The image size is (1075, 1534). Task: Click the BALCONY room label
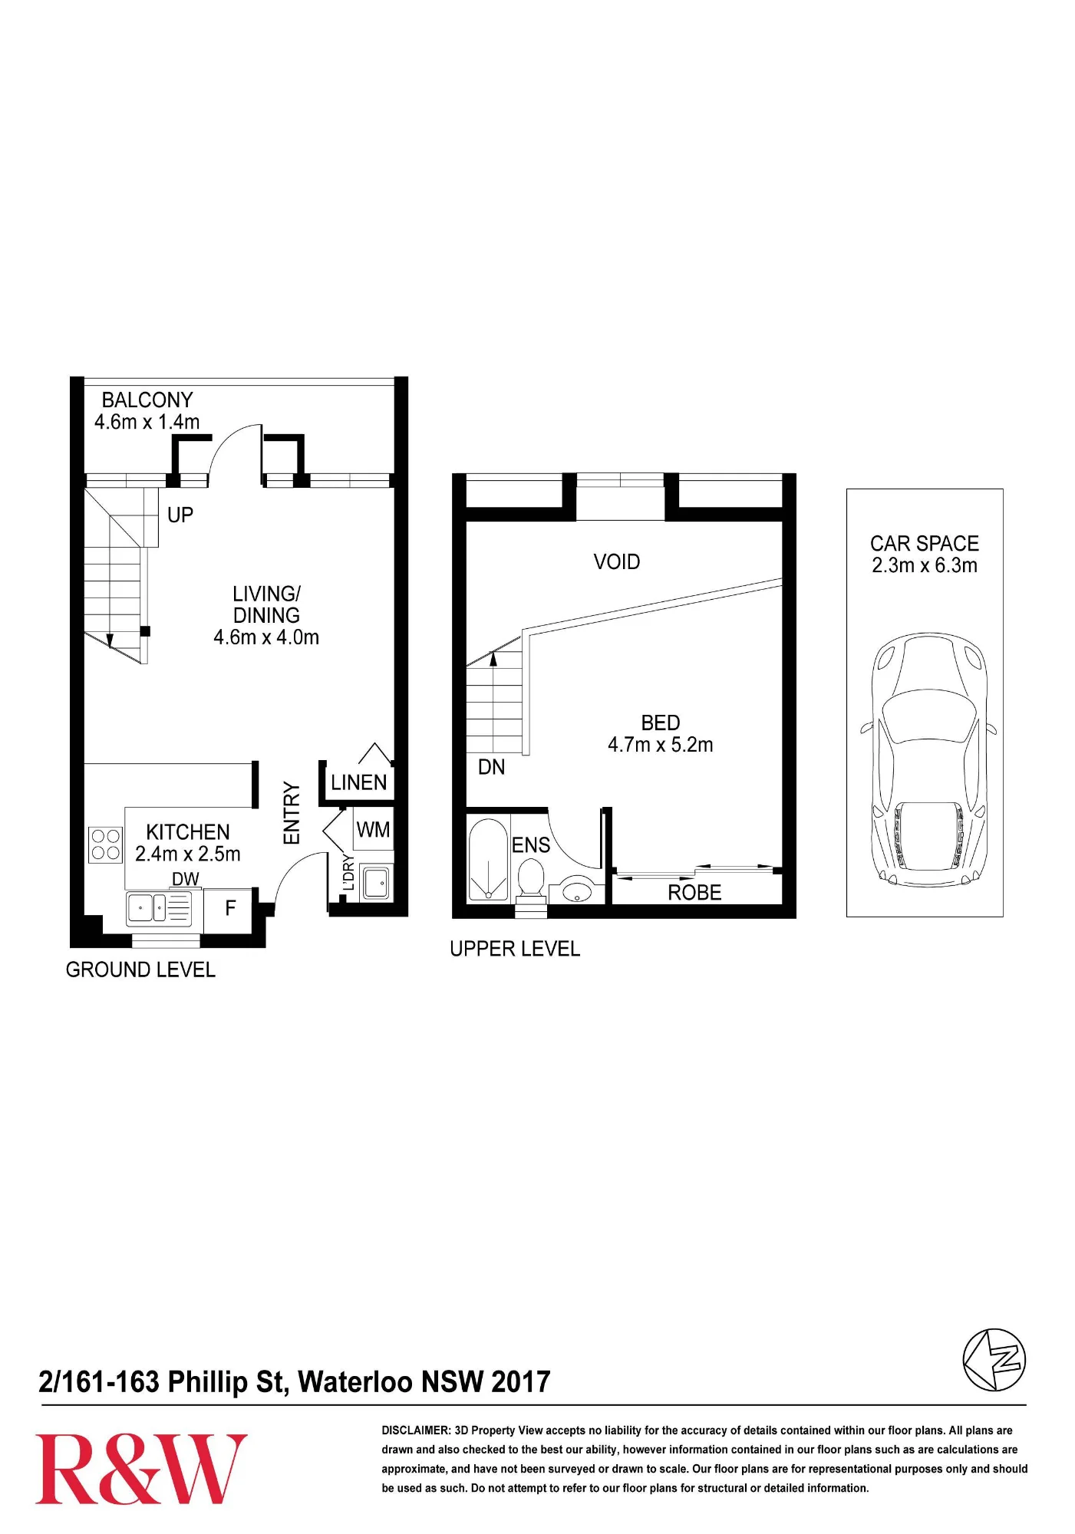(x=147, y=400)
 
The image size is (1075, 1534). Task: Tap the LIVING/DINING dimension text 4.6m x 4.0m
(x=266, y=637)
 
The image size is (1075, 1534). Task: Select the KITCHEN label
(x=188, y=832)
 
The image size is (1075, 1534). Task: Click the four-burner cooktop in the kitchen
(x=105, y=844)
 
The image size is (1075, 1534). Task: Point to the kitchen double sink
(x=147, y=908)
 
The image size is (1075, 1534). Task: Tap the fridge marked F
(x=229, y=910)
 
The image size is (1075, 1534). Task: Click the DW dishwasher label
(x=186, y=879)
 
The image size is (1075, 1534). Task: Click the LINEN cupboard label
(x=359, y=782)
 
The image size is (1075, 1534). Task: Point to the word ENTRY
(x=292, y=813)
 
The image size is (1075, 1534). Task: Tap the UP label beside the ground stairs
(x=180, y=515)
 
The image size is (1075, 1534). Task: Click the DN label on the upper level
(x=492, y=767)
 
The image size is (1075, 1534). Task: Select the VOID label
(x=617, y=561)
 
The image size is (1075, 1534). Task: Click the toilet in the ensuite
(x=531, y=879)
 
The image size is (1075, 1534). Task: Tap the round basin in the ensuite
(x=576, y=891)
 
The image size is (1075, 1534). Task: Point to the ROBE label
(x=694, y=893)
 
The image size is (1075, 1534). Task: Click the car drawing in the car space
(x=928, y=760)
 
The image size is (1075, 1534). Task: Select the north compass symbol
(x=994, y=1360)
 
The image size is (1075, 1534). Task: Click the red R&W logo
(x=141, y=1469)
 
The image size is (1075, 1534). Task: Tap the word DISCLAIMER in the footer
(x=416, y=1430)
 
